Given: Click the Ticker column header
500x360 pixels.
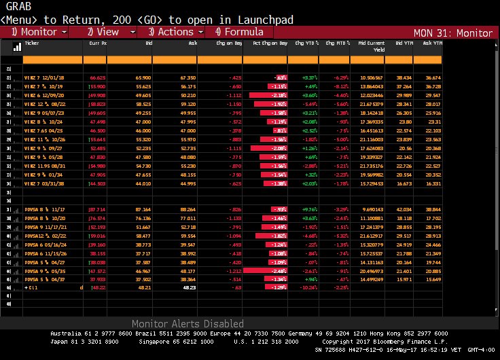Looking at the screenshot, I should coord(32,43).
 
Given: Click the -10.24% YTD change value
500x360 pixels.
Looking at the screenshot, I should coord(310,287).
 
